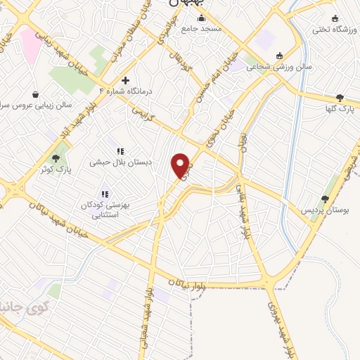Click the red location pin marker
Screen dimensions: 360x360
click(181, 166)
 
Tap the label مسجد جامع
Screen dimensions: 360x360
click(201, 29)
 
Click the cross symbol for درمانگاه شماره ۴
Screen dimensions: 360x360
click(126, 80)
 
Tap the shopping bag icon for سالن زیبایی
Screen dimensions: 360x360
click(35, 94)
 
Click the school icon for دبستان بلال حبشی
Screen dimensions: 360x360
click(120, 151)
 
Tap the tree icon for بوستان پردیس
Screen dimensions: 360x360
click(325, 200)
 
